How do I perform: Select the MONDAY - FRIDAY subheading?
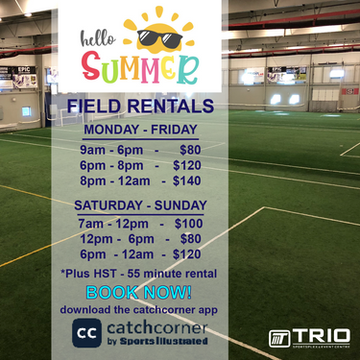point(140,130)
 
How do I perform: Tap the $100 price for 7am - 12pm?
point(188,224)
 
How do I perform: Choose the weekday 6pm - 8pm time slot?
point(108,165)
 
